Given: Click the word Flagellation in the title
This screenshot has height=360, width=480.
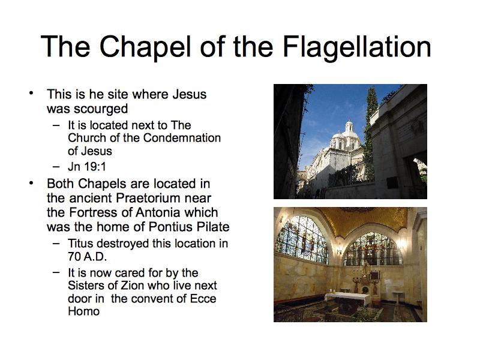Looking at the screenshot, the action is click(x=357, y=47).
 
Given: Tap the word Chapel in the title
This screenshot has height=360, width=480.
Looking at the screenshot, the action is click(x=145, y=47).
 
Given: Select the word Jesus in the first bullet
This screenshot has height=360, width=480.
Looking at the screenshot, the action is click(x=190, y=94).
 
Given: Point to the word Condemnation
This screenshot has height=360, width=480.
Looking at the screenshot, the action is click(x=182, y=138).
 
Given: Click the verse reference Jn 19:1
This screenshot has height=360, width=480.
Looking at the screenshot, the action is click(x=87, y=167).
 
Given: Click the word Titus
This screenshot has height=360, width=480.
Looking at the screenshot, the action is click(x=80, y=244).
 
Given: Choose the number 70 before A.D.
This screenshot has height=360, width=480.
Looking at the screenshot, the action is click(x=74, y=257).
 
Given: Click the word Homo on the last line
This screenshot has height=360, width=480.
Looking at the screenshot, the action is click(x=83, y=311).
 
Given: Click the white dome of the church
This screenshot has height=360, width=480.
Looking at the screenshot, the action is click(x=349, y=131).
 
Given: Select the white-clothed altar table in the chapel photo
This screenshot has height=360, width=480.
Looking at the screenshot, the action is click(x=347, y=298).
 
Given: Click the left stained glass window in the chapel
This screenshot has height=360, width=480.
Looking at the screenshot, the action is click(x=302, y=241).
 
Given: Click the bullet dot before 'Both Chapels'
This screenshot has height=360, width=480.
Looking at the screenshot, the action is click(x=31, y=183).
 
